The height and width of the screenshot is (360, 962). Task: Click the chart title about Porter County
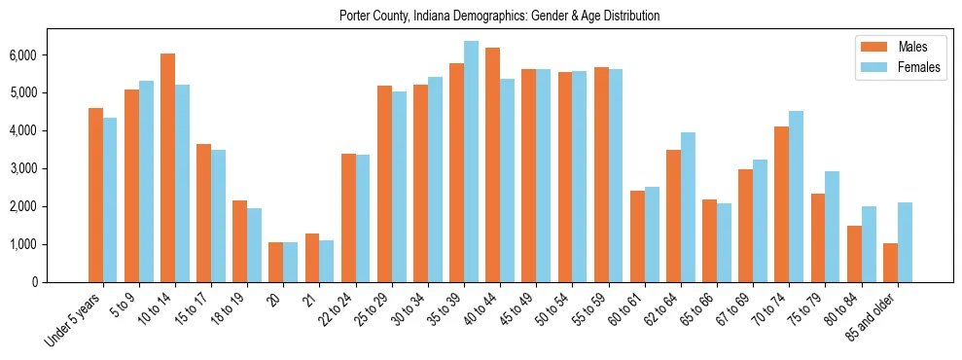(499, 16)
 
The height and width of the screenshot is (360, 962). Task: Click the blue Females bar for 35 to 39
(471, 162)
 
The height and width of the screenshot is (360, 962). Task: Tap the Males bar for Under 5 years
(95, 195)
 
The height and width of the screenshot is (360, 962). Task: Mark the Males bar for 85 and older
(890, 263)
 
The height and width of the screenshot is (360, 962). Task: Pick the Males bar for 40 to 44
(492, 164)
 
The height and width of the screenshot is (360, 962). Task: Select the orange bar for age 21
(312, 258)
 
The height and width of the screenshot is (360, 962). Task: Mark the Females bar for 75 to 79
(832, 227)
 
